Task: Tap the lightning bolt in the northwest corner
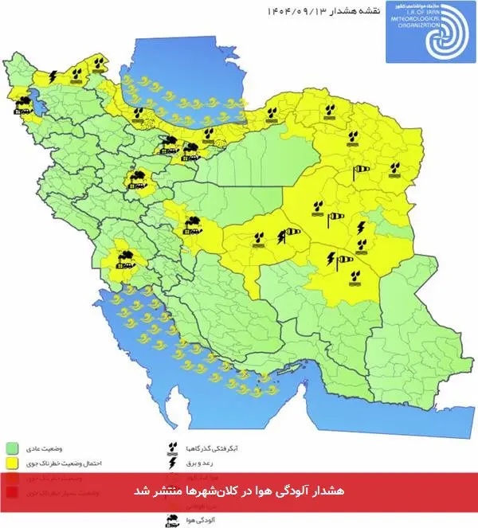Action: (x=53, y=77)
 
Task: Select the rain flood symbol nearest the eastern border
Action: (x=394, y=169)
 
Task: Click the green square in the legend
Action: (x=13, y=447)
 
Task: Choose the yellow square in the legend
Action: (x=13, y=461)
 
